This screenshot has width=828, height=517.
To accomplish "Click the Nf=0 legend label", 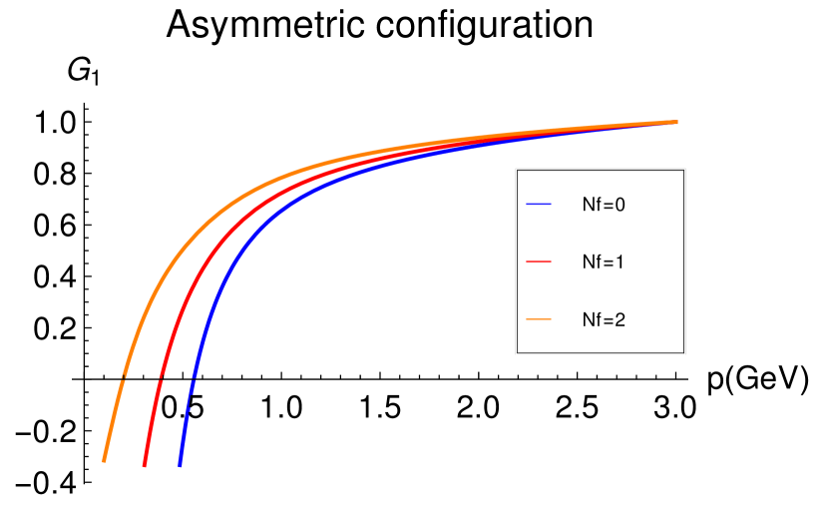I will [603, 205].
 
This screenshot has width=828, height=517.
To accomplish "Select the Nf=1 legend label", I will [603, 262].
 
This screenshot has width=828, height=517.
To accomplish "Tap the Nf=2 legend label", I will [603, 320].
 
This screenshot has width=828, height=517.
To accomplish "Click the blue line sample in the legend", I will [539, 205].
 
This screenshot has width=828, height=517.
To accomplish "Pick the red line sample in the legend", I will [539, 262].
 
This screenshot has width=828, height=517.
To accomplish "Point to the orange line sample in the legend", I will [539, 319].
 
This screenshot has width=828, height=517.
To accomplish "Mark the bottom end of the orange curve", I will [104, 460].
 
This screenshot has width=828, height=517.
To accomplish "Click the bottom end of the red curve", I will [145, 465].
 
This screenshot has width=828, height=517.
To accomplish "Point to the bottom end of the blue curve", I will [180, 465].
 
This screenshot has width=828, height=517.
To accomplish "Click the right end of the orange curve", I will [676, 122].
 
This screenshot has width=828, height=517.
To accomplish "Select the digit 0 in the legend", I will [620, 205].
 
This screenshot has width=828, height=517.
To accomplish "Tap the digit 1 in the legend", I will [620, 262].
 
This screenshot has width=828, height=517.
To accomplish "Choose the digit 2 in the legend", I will [620, 320].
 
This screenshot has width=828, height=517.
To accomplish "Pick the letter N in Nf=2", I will [588, 320].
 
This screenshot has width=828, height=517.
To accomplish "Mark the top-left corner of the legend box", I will [516, 169].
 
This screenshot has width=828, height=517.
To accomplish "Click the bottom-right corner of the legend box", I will [684, 353].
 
